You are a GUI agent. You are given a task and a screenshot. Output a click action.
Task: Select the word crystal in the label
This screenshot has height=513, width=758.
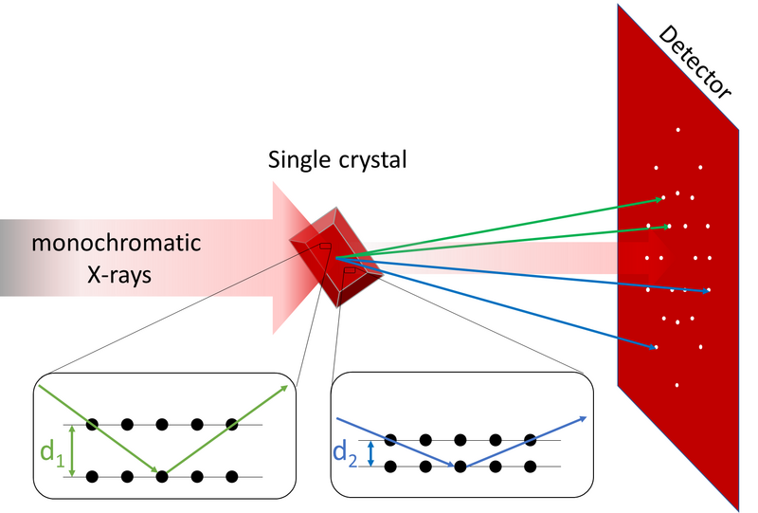click(x=371, y=159)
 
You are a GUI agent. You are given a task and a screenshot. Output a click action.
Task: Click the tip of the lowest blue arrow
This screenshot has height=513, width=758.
click(x=658, y=349)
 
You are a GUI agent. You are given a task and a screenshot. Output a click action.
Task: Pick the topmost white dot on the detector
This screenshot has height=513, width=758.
click(x=677, y=129)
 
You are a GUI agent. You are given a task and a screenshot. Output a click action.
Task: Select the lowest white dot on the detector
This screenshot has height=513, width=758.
click(x=677, y=385)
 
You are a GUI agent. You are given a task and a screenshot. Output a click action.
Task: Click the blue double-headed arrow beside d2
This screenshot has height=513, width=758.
click(x=370, y=451)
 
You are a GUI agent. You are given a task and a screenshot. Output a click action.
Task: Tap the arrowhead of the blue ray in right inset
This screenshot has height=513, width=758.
click(x=586, y=418)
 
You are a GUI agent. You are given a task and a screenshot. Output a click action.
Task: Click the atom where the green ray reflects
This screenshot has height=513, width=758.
click(x=162, y=474)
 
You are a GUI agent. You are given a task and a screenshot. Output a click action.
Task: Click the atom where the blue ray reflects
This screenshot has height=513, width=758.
click(x=460, y=466)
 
